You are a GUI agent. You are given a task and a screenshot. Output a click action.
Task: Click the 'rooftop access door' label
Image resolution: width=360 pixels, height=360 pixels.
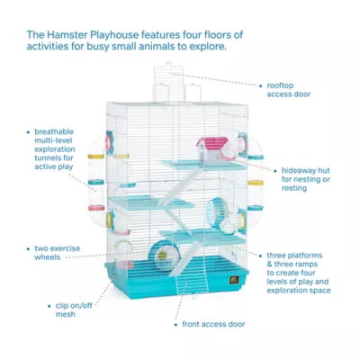pos(289,90)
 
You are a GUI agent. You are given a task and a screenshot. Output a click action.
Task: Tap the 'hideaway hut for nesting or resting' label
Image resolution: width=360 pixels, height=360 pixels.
pos(305,179)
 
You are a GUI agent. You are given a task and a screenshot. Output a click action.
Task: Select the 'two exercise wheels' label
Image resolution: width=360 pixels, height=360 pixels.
pos(57,253)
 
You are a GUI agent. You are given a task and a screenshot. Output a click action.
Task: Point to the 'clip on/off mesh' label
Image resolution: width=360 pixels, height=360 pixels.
pos(74,310)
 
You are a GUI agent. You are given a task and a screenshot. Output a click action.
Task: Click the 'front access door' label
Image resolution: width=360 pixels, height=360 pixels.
pos(213,324)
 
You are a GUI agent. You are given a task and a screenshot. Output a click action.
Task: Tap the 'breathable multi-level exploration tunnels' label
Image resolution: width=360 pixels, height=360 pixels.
pos(55,149)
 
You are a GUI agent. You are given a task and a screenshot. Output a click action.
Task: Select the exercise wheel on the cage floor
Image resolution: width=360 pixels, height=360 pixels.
pos(164,256)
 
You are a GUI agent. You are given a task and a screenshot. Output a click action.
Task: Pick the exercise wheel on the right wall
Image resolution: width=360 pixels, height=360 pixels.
pos(218,212)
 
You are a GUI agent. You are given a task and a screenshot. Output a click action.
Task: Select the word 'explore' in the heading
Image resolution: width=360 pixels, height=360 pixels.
pos(210,47)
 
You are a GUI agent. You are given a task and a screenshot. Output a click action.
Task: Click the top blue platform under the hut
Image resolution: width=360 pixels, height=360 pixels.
pos(203,165)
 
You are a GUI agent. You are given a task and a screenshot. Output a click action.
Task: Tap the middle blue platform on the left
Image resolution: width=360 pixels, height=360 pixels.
pos(151,202)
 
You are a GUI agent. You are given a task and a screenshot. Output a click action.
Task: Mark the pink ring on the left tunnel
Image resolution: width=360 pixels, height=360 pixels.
pos(96,208)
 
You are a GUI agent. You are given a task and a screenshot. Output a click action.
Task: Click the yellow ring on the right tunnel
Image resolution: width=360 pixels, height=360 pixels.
pos(256,183)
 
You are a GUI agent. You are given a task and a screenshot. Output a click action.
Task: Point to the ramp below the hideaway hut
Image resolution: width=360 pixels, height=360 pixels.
pos(180,187)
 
